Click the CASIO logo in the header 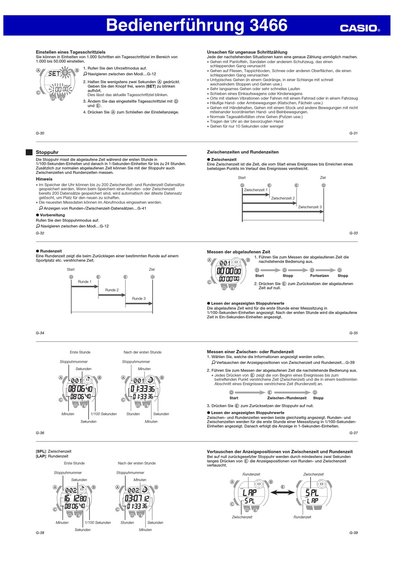(x=359, y=28)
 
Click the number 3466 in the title (x=268, y=25)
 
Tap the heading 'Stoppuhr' (x=47, y=152)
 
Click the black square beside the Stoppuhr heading (x=29, y=152)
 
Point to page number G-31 (x=353, y=133)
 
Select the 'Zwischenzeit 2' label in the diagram (x=283, y=198)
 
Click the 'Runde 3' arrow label (x=139, y=299)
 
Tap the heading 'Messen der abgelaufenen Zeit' (x=238, y=252)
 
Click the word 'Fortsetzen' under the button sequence (x=319, y=276)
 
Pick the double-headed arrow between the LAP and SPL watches (x=283, y=492)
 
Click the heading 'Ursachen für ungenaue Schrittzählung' (x=247, y=52)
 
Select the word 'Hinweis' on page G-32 (x=44, y=179)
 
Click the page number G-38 (x=40, y=533)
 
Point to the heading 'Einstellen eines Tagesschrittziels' (x=71, y=52)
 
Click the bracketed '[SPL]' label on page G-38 (x=41, y=451)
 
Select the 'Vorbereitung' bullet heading (x=52, y=215)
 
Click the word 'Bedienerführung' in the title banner (x=175, y=25)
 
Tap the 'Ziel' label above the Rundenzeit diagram (x=152, y=270)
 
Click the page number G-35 (x=353, y=333)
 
